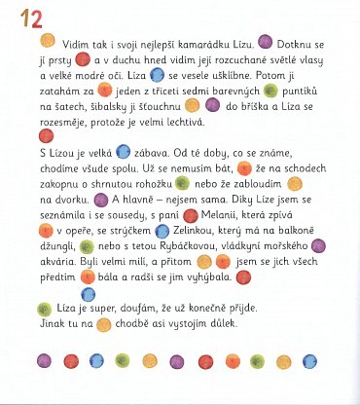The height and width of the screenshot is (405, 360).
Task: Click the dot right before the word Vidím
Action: [x=45, y=45]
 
